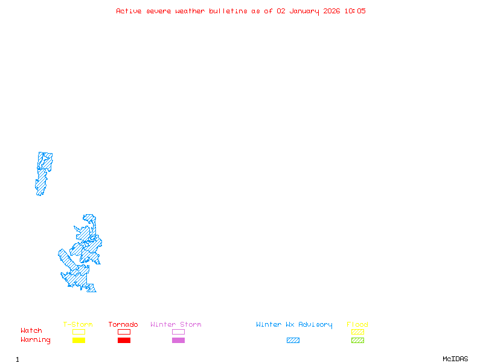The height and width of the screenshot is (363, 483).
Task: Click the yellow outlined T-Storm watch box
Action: point(78,332)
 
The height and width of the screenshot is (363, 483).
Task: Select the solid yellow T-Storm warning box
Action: point(78,341)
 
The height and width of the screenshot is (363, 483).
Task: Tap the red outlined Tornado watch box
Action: point(124,332)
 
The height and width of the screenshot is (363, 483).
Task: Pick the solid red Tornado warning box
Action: point(124,341)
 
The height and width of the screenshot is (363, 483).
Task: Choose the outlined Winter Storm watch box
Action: point(178,332)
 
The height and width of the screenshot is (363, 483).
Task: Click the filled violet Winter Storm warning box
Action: point(178,341)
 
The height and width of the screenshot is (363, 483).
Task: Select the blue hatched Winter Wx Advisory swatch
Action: point(293,341)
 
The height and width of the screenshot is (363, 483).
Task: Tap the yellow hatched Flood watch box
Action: point(357,332)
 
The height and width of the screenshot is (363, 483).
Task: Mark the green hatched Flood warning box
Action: point(357,341)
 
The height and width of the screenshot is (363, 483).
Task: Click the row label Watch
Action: point(31,331)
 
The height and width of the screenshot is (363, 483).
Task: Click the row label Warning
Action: point(36,340)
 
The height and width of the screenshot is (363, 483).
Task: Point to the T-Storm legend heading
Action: point(78,325)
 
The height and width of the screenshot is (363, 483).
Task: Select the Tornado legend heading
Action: point(123,325)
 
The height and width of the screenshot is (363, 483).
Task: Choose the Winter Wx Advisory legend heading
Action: point(294,325)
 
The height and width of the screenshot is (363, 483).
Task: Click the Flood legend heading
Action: point(357,325)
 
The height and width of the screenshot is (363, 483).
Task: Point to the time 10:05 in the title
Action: point(355,11)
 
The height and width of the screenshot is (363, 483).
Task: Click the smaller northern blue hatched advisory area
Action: point(43,172)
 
